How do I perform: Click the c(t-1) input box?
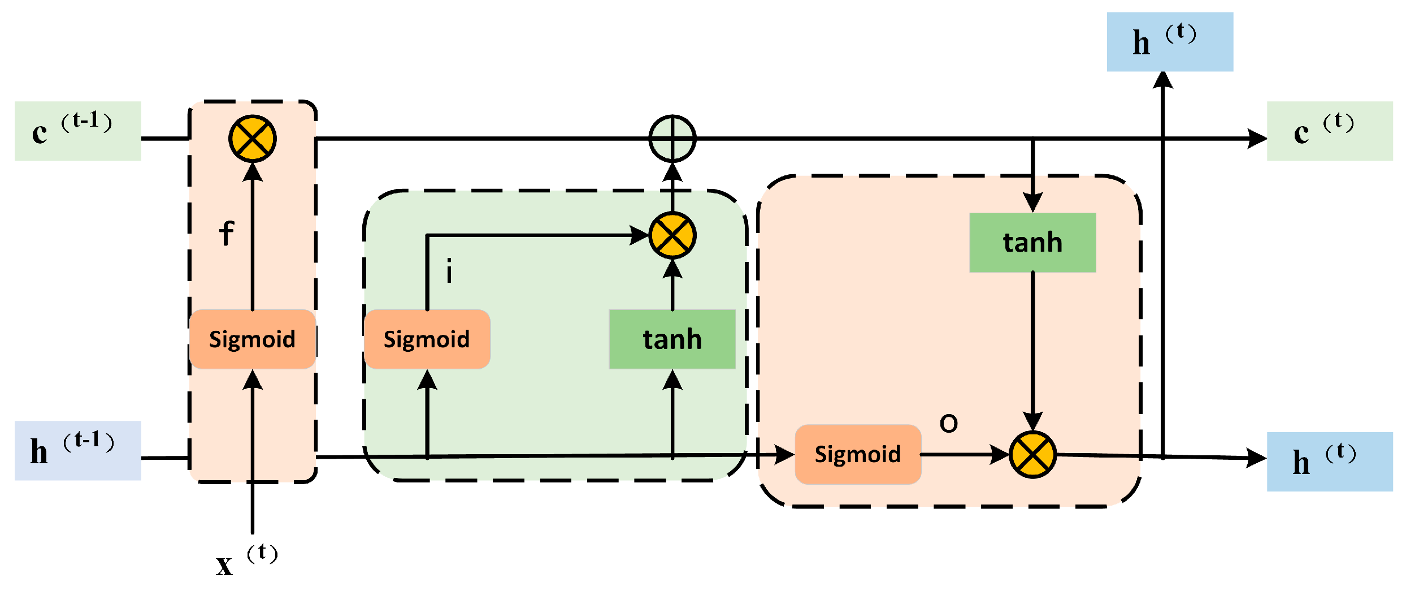point(78,131)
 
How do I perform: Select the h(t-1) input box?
point(78,451)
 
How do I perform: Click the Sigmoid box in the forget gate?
point(252,339)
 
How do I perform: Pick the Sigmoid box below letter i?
point(427,339)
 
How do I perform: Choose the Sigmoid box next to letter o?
point(858,454)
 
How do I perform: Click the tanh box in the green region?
point(672,339)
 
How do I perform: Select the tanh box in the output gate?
point(1032,243)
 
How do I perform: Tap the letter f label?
point(227,234)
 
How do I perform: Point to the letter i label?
point(449,271)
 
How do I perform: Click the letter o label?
point(949,423)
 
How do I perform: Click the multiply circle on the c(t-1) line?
point(253,139)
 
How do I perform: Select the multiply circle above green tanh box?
point(672,235)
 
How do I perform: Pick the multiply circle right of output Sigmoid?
point(1032,455)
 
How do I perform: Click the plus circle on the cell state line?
point(672,139)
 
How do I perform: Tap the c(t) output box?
point(1330,131)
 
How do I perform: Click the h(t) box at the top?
point(1170,42)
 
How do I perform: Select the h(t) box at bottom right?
point(1330,462)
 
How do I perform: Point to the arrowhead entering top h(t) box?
point(1163,80)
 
